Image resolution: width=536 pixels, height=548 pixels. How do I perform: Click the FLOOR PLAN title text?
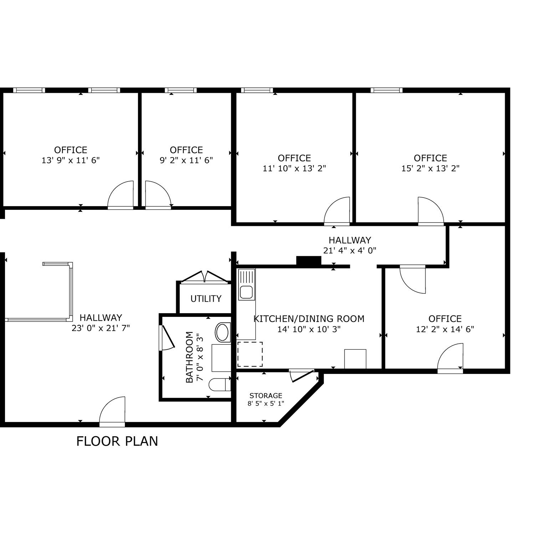117,441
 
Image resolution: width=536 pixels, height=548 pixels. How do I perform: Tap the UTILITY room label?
206,299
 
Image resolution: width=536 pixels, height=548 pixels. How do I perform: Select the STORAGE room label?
266,396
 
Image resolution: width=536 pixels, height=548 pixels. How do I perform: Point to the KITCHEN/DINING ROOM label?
309,319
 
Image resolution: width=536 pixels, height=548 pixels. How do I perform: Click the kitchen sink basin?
246,292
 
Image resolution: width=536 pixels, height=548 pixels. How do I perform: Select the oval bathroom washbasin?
223,332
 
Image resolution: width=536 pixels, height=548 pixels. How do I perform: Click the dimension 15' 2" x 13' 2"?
430,168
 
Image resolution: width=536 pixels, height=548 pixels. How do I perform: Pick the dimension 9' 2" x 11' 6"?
186,160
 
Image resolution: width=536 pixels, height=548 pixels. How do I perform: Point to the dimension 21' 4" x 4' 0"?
350,250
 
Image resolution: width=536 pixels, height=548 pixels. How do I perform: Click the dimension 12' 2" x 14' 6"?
445,329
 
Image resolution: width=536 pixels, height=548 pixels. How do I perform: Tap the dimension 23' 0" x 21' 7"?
101,328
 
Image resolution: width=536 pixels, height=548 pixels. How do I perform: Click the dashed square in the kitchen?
250,354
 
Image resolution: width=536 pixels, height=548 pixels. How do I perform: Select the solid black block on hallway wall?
309,261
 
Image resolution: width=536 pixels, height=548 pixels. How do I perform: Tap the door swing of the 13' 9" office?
121,194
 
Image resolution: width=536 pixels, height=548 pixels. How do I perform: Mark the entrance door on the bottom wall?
112,411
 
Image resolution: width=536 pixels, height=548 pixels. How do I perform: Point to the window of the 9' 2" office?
181,90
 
